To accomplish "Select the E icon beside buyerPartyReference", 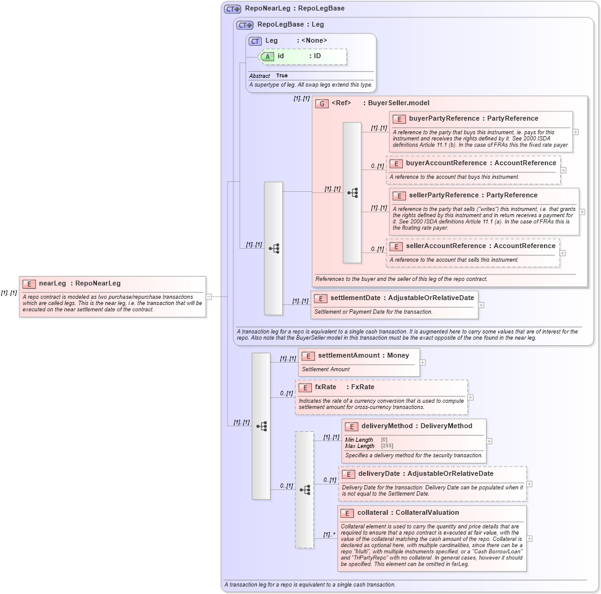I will (399, 119).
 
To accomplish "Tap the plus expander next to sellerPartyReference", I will (582, 212).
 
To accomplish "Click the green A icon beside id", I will (267, 56).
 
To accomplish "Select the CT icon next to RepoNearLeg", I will (233, 9).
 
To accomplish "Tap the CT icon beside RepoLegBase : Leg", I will (245, 25).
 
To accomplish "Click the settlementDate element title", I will (402, 298).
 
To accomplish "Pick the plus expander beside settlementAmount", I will (423, 363).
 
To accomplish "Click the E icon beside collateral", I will (347, 513).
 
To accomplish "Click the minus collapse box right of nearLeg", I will (209, 296).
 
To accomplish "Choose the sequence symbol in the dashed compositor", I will (305, 489).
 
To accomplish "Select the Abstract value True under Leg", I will (282, 75).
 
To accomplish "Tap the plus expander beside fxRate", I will (470, 397).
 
